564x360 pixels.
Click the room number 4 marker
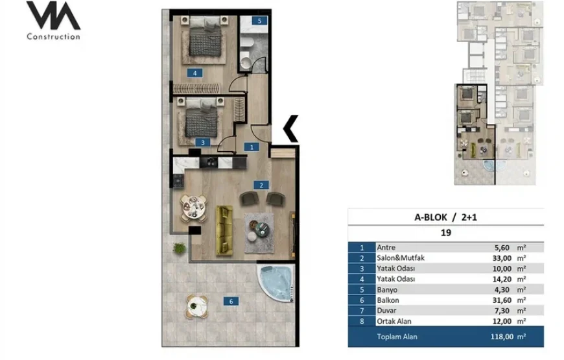click(x=194, y=73)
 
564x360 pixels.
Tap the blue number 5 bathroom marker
click(x=259, y=21)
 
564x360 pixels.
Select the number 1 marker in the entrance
click(x=252, y=147)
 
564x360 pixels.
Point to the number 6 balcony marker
click(x=231, y=302)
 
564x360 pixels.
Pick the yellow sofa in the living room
click(x=224, y=230)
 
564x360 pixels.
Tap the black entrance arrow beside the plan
click(x=290, y=128)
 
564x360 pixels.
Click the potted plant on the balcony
click(x=179, y=248)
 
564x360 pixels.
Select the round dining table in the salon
click(x=194, y=208)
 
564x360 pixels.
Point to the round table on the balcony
click(x=197, y=307)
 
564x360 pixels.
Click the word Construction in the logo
click(x=54, y=36)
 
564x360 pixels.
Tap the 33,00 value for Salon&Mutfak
click(x=502, y=258)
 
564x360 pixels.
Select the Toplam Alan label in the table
click(x=397, y=337)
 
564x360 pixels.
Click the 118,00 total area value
click(x=502, y=337)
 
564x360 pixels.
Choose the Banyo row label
click(x=387, y=290)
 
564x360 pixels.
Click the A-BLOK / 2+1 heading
click(x=445, y=217)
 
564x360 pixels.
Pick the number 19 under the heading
click(x=445, y=233)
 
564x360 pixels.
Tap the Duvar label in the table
click(x=386, y=311)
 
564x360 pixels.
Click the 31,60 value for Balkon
click(x=502, y=300)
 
